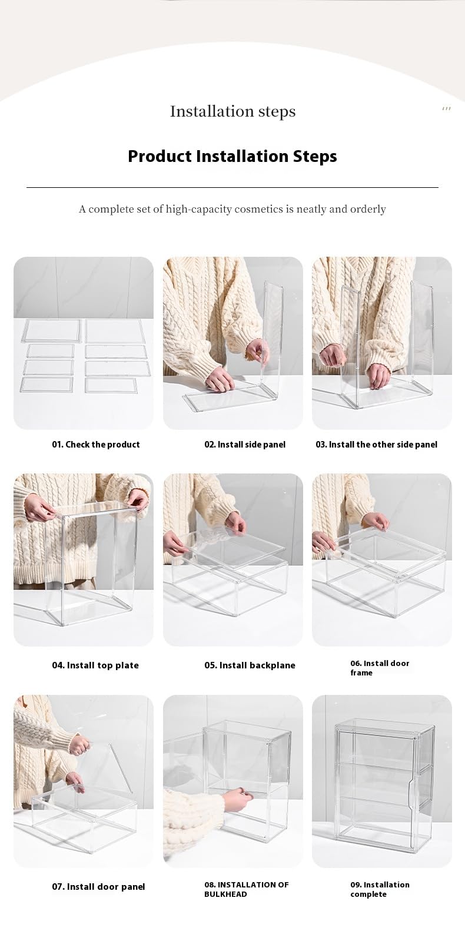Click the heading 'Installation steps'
232,111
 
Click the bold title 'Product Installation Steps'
232,156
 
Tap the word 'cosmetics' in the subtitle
258,208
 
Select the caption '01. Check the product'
95,445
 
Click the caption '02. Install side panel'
245,445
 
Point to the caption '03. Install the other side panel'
377,445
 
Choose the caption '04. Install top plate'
95,665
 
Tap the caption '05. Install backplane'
250,665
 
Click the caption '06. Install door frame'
380,668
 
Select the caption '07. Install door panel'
98,886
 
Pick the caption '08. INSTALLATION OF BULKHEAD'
247,889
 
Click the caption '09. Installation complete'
380,889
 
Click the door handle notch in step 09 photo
412,794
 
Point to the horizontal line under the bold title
232,187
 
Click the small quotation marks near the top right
446,109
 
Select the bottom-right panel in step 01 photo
111,385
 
